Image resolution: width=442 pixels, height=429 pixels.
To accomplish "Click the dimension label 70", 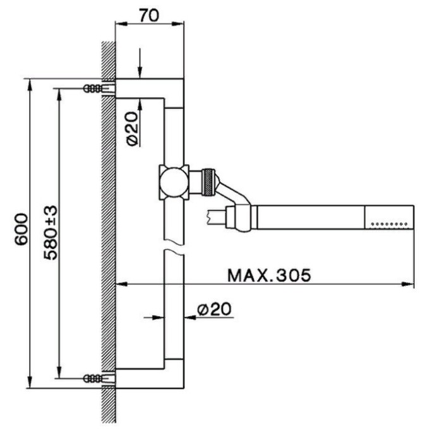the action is point(149,16).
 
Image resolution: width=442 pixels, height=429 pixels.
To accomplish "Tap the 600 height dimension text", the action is point(21,229).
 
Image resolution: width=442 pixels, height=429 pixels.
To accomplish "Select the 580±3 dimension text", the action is point(51,233).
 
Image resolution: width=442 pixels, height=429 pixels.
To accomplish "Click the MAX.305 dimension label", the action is point(269,275).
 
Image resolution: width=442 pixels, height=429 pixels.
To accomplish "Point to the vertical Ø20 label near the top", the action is point(133,129).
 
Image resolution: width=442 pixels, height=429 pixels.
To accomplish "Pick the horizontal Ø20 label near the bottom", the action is point(214,309).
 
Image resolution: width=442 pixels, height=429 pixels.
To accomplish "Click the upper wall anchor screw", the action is point(99,88).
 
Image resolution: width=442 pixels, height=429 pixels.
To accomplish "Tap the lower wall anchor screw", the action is point(99,378).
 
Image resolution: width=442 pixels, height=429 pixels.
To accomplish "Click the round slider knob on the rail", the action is point(174,182).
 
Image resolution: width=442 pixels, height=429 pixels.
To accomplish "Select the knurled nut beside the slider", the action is point(208,182).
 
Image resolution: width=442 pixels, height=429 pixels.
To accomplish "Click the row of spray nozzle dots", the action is point(390,224).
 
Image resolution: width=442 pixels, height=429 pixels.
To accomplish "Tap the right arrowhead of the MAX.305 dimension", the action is point(408,285).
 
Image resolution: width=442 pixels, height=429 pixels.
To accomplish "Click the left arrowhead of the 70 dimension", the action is point(121,24).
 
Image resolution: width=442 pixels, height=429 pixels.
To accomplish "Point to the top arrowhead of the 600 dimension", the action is point(30,85).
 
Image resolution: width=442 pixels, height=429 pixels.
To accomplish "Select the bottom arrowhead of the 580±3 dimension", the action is point(59,372).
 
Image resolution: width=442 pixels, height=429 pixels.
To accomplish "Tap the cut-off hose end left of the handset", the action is point(217,217).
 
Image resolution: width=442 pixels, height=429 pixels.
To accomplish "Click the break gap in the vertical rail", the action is point(174,245).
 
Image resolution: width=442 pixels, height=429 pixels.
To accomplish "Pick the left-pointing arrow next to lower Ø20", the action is point(209,317).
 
